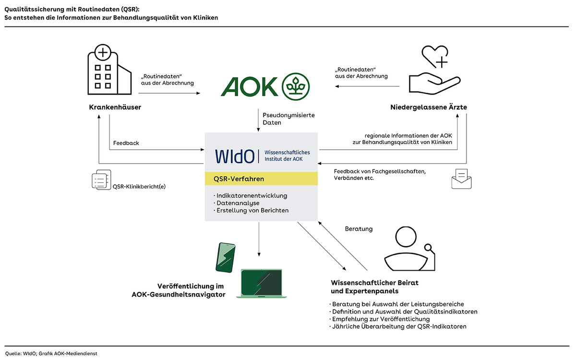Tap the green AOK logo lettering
point(250,87)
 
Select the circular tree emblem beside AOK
point(296,87)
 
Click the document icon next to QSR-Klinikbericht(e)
point(101,180)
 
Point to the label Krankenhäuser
point(115,108)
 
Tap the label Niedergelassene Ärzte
point(429,108)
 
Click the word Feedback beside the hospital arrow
point(126,143)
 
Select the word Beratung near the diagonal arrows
point(359,229)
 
